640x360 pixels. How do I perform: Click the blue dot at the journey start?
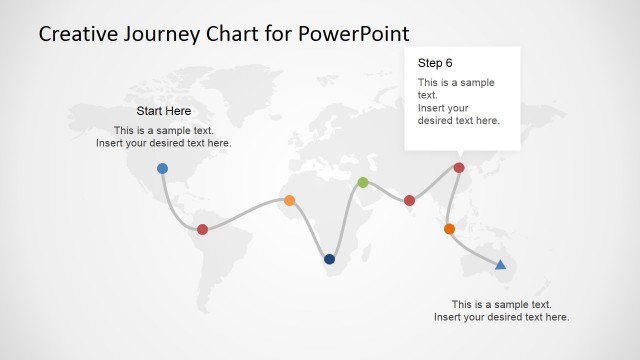(x=162, y=169)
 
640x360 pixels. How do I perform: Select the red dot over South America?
(x=202, y=229)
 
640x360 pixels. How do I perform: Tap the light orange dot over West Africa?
(x=289, y=200)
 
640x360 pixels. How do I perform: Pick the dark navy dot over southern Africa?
(x=329, y=259)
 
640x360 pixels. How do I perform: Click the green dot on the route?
(x=363, y=182)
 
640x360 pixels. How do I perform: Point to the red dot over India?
(x=409, y=201)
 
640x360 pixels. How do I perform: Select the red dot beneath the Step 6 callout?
(x=459, y=168)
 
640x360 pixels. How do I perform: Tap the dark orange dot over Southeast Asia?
(x=449, y=229)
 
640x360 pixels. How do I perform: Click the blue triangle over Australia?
(x=501, y=264)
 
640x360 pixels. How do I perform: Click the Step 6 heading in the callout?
(x=435, y=63)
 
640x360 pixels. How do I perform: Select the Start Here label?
(x=163, y=111)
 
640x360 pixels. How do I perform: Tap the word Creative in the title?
(x=79, y=34)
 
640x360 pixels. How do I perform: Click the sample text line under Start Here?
(x=163, y=130)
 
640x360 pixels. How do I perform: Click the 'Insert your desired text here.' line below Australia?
(x=501, y=317)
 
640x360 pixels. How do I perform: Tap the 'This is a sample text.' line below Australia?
(x=501, y=304)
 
